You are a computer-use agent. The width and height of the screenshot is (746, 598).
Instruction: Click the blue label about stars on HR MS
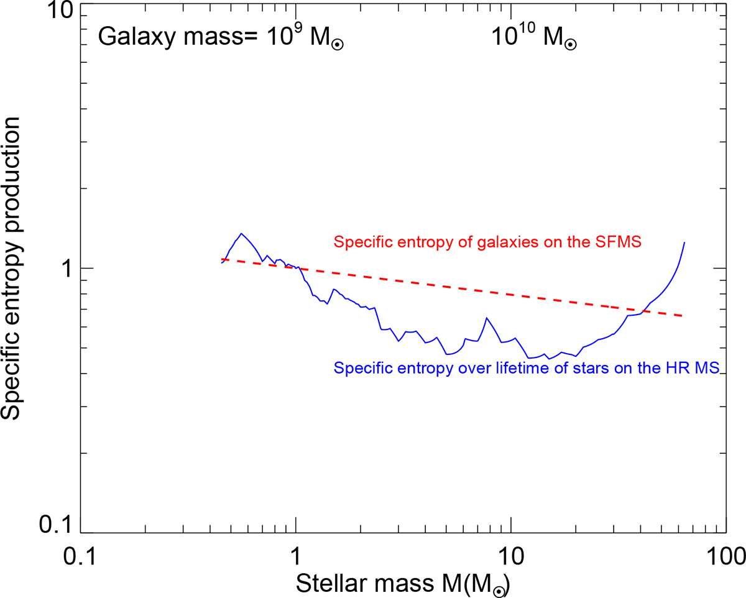(527, 368)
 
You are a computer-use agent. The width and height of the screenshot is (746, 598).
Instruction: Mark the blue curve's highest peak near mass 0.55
(241, 234)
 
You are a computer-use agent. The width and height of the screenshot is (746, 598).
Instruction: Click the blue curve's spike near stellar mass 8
(487, 318)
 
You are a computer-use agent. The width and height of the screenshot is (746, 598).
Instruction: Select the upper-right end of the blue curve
(684, 242)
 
